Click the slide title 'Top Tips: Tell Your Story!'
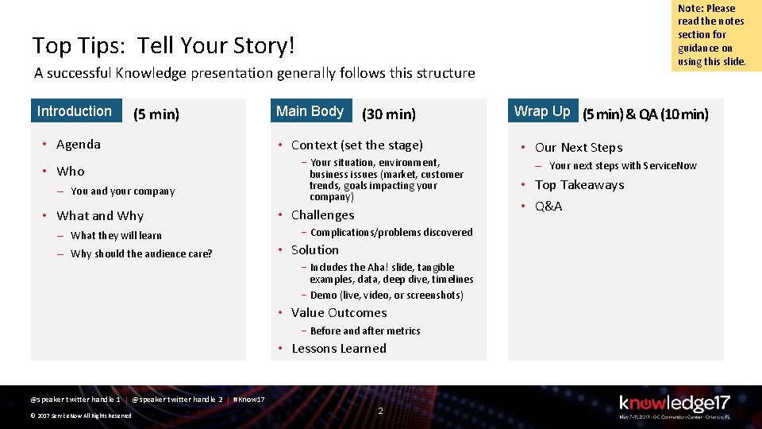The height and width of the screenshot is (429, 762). coord(164,45)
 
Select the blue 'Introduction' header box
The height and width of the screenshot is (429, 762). coord(75,111)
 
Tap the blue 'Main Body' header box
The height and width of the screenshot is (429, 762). coord(310,111)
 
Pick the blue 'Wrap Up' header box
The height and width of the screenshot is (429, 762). coord(542,111)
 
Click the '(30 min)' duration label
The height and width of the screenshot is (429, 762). coord(389,114)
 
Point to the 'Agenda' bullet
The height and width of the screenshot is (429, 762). coord(79,145)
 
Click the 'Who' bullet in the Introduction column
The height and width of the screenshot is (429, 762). coord(71,172)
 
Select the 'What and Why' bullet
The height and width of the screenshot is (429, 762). coord(100,216)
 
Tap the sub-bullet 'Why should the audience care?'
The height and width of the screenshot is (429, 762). coord(141,254)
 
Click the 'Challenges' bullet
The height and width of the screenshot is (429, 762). coord(322,215)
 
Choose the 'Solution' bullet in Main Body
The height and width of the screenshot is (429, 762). coord(314,250)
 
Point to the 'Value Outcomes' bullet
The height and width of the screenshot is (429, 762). coord(339,313)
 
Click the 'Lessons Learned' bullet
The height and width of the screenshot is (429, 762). coord(339,349)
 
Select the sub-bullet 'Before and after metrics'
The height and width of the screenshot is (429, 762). coord(365,331)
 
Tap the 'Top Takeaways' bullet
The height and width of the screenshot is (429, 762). coord(579,185)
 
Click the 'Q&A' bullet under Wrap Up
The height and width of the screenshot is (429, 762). coord(548,207)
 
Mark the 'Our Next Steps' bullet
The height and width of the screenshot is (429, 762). coord(579,148)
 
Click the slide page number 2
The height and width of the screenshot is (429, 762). coord(380,411)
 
